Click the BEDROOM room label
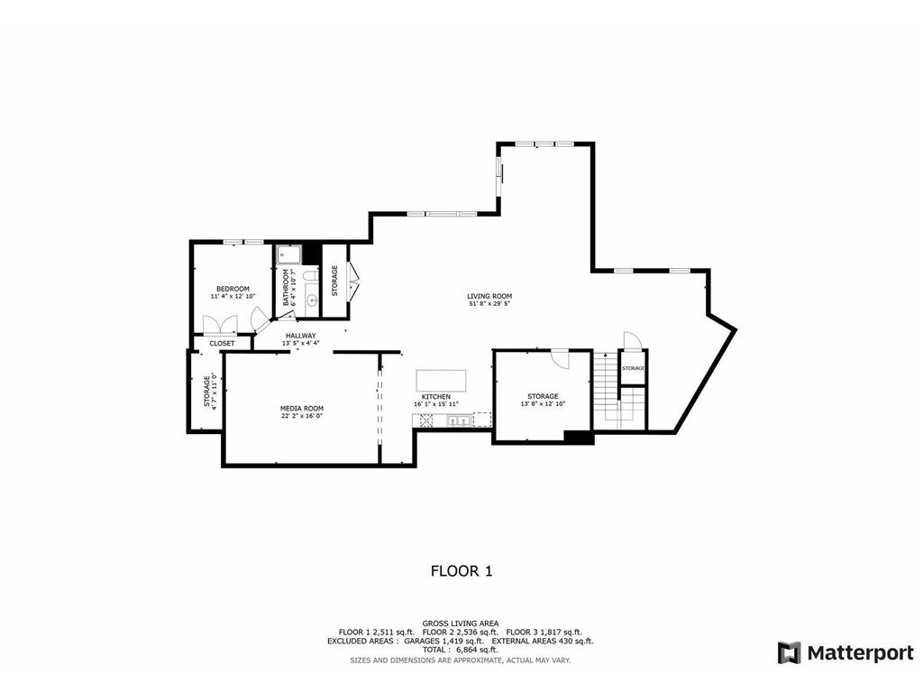[x=233, y=289]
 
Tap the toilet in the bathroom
[x=308, y=275]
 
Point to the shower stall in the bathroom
[x=288, y=254]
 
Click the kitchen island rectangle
[x=441, y=378]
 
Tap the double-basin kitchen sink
[x=457, y=420]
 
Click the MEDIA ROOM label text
[x=301, y=408]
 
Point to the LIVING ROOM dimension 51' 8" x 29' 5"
[x=489, y=304]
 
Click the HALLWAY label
[x=301, y=336]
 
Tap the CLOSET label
[x=222, y=344]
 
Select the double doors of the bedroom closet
[x=220, y=325]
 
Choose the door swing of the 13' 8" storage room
[x=561, y=357]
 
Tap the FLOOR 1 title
[x=461, y=570]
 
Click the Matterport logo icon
[x=790, y=652]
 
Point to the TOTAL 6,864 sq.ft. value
[x=461, y=650]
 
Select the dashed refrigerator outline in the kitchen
[x=481, y=419]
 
